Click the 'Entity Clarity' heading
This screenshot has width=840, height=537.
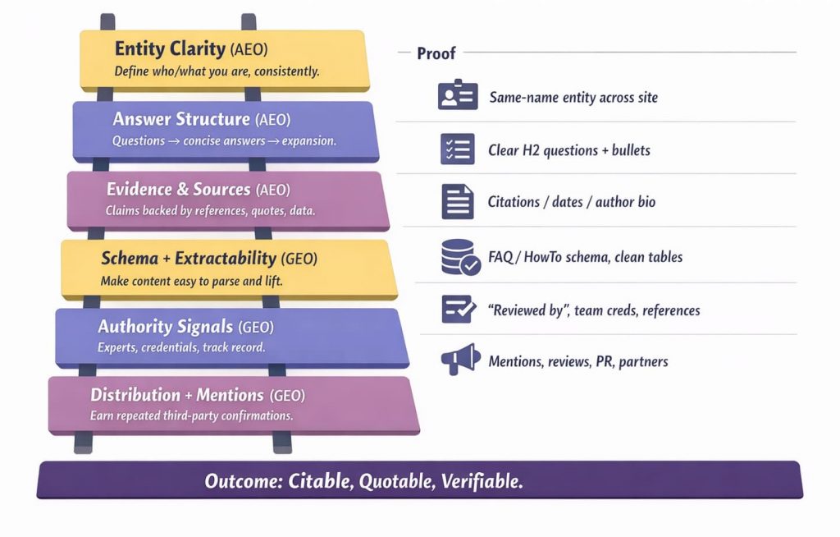point(170,48)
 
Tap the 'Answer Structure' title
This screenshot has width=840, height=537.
point(181,118)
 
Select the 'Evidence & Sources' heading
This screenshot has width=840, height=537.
point(178,189)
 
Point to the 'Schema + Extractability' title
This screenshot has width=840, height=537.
point(189,258)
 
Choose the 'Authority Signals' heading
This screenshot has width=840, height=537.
point(165,326)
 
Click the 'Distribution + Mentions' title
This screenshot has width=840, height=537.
point(177,395)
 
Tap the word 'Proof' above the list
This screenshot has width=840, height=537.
point(436,53)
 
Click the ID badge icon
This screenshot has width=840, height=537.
point(458,94)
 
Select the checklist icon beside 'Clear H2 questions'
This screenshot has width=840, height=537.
point(458,149)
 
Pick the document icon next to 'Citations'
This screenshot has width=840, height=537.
point(458,202)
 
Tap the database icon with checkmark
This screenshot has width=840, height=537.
point(460,257)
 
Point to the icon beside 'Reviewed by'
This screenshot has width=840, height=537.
point(459,309)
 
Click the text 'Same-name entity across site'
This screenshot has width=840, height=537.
point(573,97)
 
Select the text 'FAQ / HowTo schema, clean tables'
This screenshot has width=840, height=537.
point(585,257)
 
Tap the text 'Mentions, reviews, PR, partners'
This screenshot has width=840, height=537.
point(578,361)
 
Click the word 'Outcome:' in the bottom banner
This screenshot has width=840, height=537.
point(244,480)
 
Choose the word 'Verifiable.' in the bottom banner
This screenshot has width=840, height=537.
point(482,480)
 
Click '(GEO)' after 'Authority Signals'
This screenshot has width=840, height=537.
point(256,327)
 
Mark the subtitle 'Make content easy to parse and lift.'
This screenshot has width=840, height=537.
point(191,281)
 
